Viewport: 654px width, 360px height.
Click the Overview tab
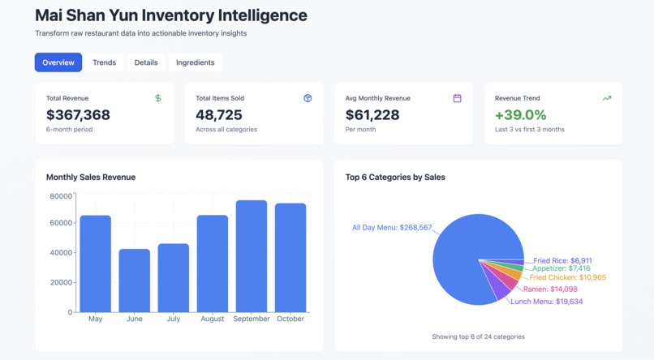pyautogui.click(x=58, y=62)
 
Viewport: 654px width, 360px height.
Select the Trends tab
pyautogui.click(x=104, y=62)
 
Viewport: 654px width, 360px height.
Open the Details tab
pyautogui.click(x=146, y=62)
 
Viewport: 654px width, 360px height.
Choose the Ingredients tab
pyautogui.click(x=196, y=62)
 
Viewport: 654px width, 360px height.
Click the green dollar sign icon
pyautogui.click(x=157, y=98)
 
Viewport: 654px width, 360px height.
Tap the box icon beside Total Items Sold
pyautogui.click(x=308, y=98)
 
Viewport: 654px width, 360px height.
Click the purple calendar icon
pyautogui.click(x=457, y=98)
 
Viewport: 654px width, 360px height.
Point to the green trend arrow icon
pyautogui.click(x=606, y=98)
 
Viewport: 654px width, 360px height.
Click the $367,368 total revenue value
pyautogui.click(x=78, y=115)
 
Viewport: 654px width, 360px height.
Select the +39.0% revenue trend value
pyautogui.click(x=520, y=115)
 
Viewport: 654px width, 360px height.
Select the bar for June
pyautogui.click(x=135, y=281)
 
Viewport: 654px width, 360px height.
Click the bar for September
pyautogui.click(x=252, y=256)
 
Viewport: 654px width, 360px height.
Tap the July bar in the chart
pyautogui.click(x=174, y=278)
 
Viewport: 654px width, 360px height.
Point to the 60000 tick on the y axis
pyautogui.click(x=61, y=223)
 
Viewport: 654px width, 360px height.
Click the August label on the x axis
pyautogui.click(x=213, y=319)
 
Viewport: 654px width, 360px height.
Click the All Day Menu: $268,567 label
pyautogui.click(x=392, y=228)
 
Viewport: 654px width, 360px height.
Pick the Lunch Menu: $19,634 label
pyautogui.click(x=546, y=302)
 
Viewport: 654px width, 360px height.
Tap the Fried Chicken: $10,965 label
pyautogui.click(x=567, y=277)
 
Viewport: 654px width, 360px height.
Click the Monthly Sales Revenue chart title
pyautogui.click(x=91, y=177)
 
